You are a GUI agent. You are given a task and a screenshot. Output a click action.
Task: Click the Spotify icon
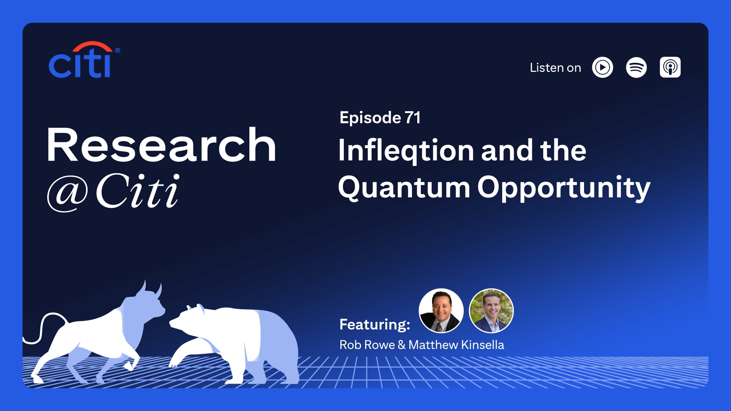tap(636, 68)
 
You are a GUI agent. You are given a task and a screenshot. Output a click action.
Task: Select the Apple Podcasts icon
tap(670, 68)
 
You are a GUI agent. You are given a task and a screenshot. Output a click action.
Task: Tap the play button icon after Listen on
tap(602, 68)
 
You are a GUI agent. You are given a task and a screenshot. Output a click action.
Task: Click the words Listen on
tap(555, 68)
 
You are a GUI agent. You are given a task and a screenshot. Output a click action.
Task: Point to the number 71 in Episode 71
tap(412, 118)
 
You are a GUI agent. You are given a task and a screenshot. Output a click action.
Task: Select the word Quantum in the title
tap(404, 188)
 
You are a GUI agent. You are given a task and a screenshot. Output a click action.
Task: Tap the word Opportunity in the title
tap(563, 188)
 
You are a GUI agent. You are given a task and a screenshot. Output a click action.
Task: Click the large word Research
tap(161, 145)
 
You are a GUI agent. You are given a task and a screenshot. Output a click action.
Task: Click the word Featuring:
tap(375, 325)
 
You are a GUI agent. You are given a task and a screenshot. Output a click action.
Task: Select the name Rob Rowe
tap(367, 345)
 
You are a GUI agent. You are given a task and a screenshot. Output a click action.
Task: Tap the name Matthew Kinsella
tap(456, 345)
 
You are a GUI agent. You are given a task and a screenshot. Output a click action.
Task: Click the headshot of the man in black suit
tap(441, 311)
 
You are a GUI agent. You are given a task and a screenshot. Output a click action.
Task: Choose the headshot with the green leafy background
tap(491, 311)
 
